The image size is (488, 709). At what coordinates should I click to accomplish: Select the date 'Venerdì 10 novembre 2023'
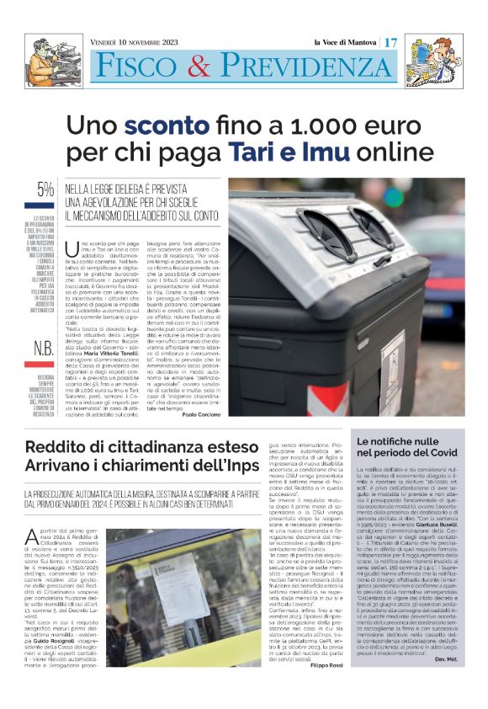point(141,42)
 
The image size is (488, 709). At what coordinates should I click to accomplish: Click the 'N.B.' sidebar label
point(45,325)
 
